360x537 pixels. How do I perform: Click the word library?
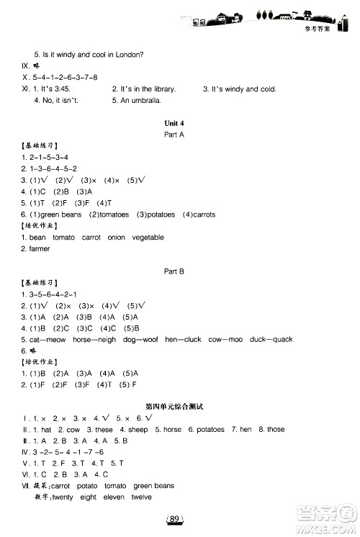(163, 89)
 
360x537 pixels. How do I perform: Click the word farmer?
(40, 248)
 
